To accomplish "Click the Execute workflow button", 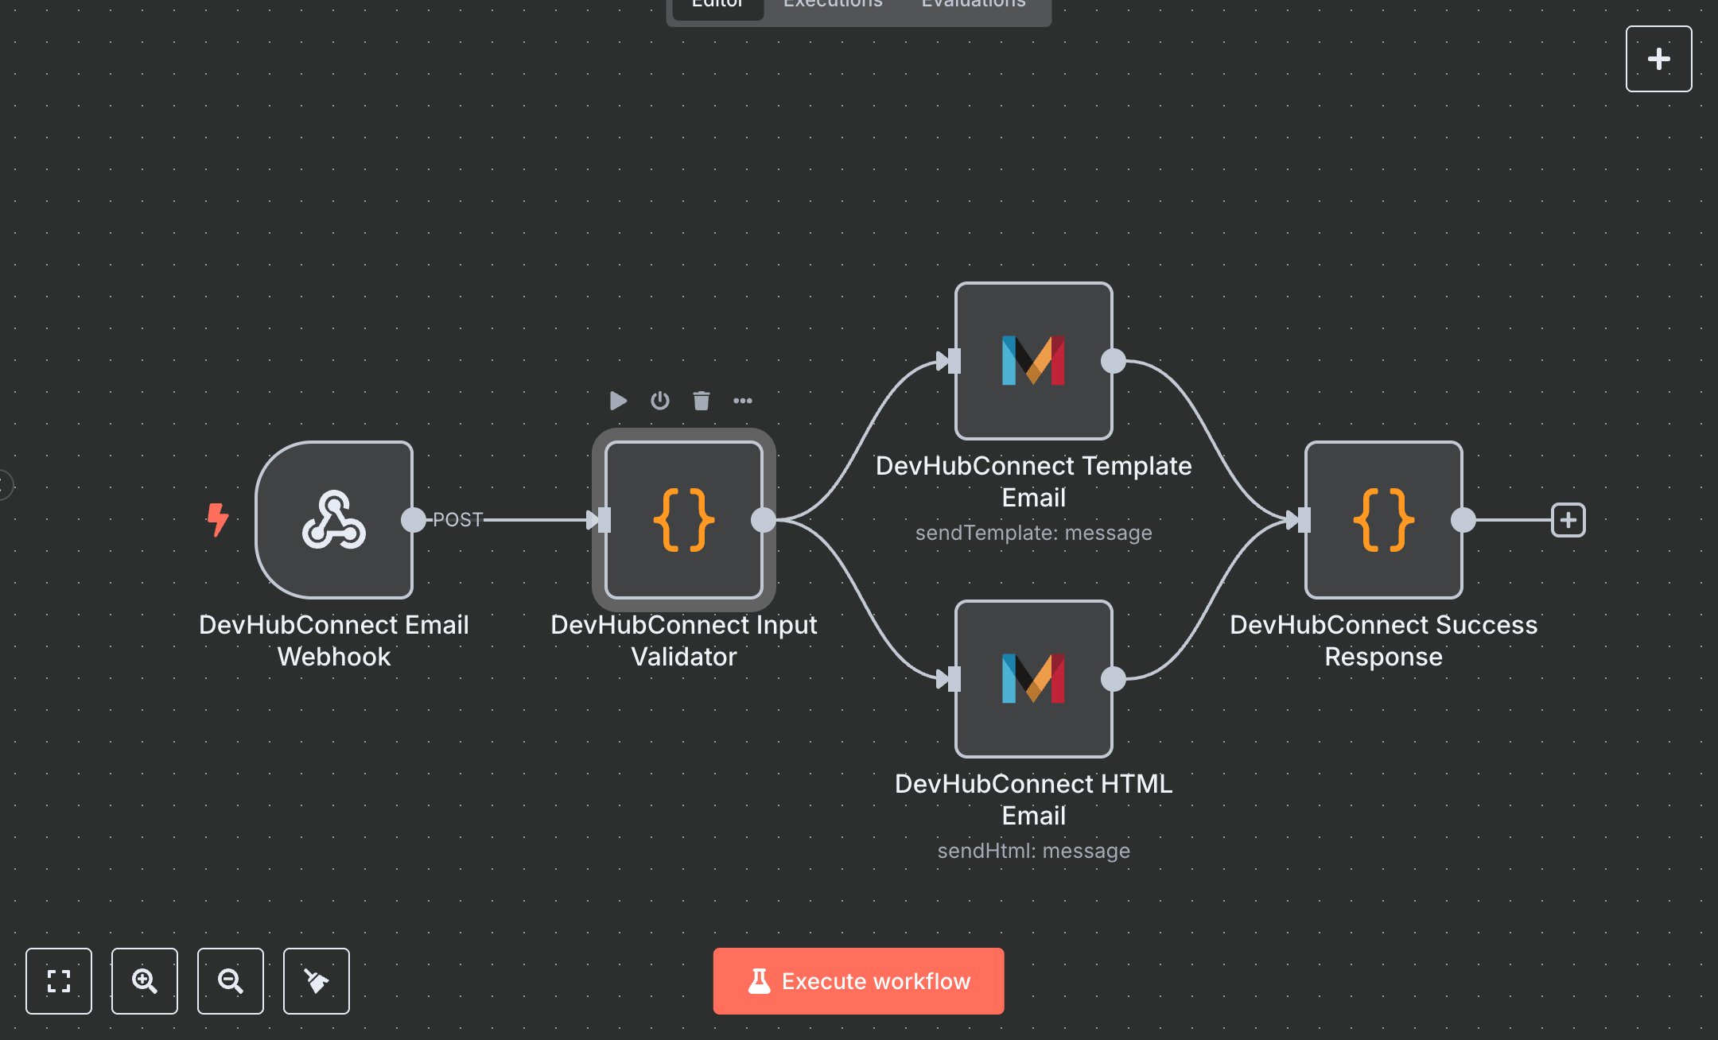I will (x=858, y=980).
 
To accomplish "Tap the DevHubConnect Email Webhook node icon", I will (x=334, y=520).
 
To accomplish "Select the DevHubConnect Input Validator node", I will (x=684, y=520).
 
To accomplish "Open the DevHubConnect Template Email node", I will (x=1033, y=361).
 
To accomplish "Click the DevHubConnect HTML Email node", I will (x=1033, y=679).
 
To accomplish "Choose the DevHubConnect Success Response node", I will (x=1383, y=520).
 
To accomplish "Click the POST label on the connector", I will (x=457, y=520).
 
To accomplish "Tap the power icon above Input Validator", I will (x=659, y=400).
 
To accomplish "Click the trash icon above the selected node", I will (x=701, y=400).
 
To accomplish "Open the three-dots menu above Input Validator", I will (x=742, y=400).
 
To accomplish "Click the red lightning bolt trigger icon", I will (x=217, y=519).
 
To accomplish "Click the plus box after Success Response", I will (x=1568, y=520).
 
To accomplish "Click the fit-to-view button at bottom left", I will (x=59, y=980).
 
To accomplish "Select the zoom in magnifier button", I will (x=145, y=980).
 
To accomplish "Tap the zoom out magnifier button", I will (x=231, y=980).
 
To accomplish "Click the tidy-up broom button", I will (x=317, y=980).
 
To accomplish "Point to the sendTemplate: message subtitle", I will (x=1033, y=533).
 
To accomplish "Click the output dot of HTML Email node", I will (x=1114, y=679).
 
